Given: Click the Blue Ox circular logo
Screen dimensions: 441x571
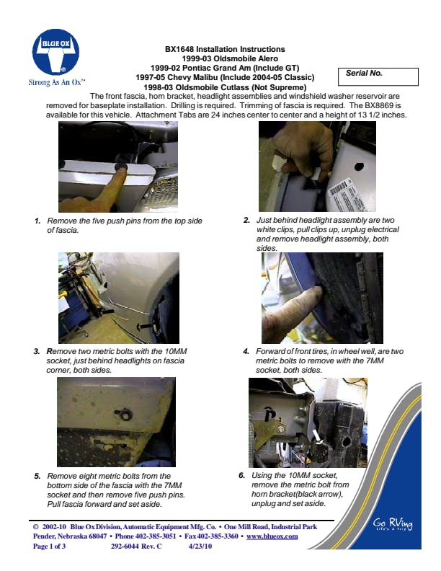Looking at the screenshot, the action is point(55,53).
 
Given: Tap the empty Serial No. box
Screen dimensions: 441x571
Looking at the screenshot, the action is point(378,77).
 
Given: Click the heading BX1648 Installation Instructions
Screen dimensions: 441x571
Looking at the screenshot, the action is point(225,49).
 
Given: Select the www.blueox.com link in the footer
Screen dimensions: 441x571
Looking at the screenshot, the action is point(272,536).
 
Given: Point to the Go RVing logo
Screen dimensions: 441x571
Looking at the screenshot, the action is point(393,524).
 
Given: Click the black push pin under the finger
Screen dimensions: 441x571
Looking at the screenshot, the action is point(120,167).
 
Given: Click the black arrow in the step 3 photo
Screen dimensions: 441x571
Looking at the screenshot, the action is point(144,326).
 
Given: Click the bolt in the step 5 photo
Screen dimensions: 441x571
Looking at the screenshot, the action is point(124,414).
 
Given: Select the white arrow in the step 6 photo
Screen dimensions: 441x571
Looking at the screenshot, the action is point(316,436).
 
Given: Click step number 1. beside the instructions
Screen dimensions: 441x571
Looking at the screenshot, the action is point(37,221).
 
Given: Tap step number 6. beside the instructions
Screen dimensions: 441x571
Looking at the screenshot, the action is point(242,476).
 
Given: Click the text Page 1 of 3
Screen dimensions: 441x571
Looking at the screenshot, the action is point(50,546).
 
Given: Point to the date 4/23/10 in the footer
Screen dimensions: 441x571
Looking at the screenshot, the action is point(200,546).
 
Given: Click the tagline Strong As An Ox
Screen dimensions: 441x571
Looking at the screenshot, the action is point(57,82).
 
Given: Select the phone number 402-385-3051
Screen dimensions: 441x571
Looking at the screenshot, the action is point(156,536).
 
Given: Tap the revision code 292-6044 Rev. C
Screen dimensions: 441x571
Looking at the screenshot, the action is point(136,546).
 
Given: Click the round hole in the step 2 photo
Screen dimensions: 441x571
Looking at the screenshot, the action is point(359,167).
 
